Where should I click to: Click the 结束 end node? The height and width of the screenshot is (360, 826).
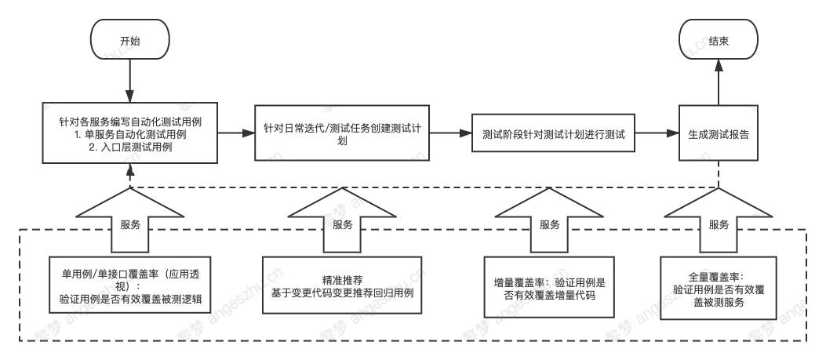click(x=719, y=42)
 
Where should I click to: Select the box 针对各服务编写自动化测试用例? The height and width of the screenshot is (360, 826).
click(x=129, y=133)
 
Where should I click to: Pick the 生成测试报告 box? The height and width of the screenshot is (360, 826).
click(x=719, y=133)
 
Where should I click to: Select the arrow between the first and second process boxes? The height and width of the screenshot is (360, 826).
click(x=236, y=133)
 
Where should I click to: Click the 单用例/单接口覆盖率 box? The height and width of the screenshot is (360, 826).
click(x=130, y=284)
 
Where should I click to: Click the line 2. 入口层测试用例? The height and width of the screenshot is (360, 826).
click(x=129, y=147)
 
